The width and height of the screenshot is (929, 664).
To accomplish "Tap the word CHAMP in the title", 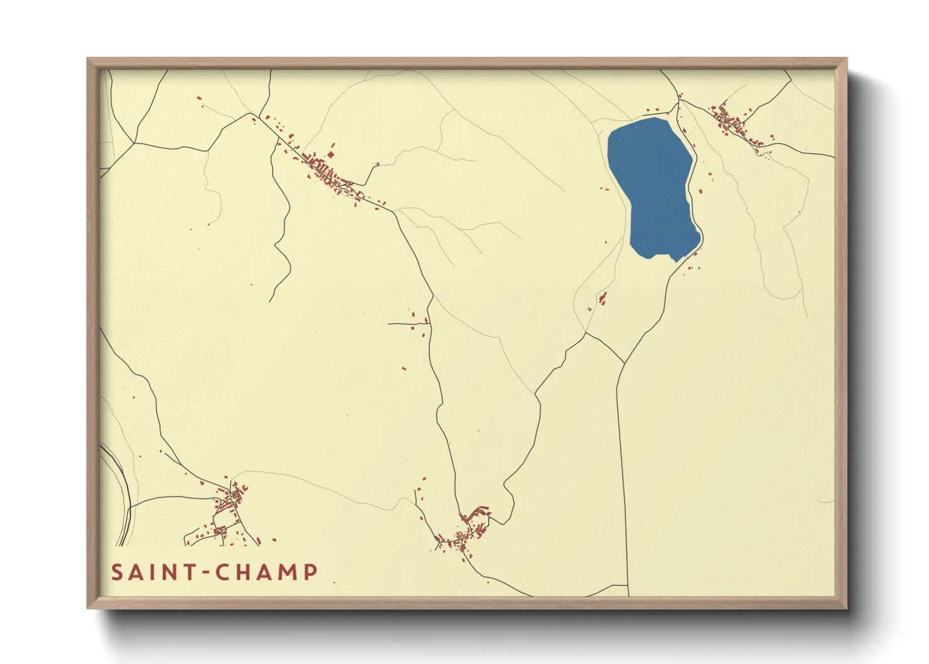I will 267,572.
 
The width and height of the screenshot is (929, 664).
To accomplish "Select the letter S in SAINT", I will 117,572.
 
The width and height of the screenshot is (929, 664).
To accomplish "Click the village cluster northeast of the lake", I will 731,123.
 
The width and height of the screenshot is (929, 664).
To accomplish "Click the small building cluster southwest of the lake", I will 603,297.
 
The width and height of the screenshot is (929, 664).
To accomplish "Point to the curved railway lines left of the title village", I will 123,490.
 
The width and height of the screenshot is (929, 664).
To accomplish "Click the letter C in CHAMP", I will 223,572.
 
